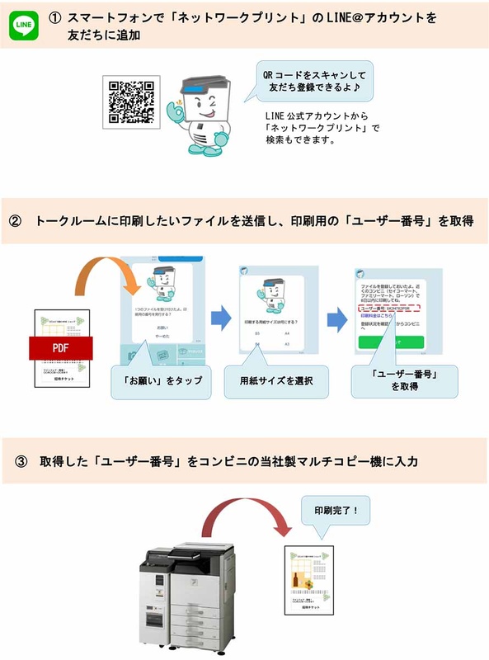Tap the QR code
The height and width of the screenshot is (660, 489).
[x=129, y=102]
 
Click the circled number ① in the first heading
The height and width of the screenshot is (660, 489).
[x=55, y=17]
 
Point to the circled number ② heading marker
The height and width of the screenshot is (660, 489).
[x=16, y=222]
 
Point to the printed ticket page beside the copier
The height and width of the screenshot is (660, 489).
[x=308, y=581]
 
